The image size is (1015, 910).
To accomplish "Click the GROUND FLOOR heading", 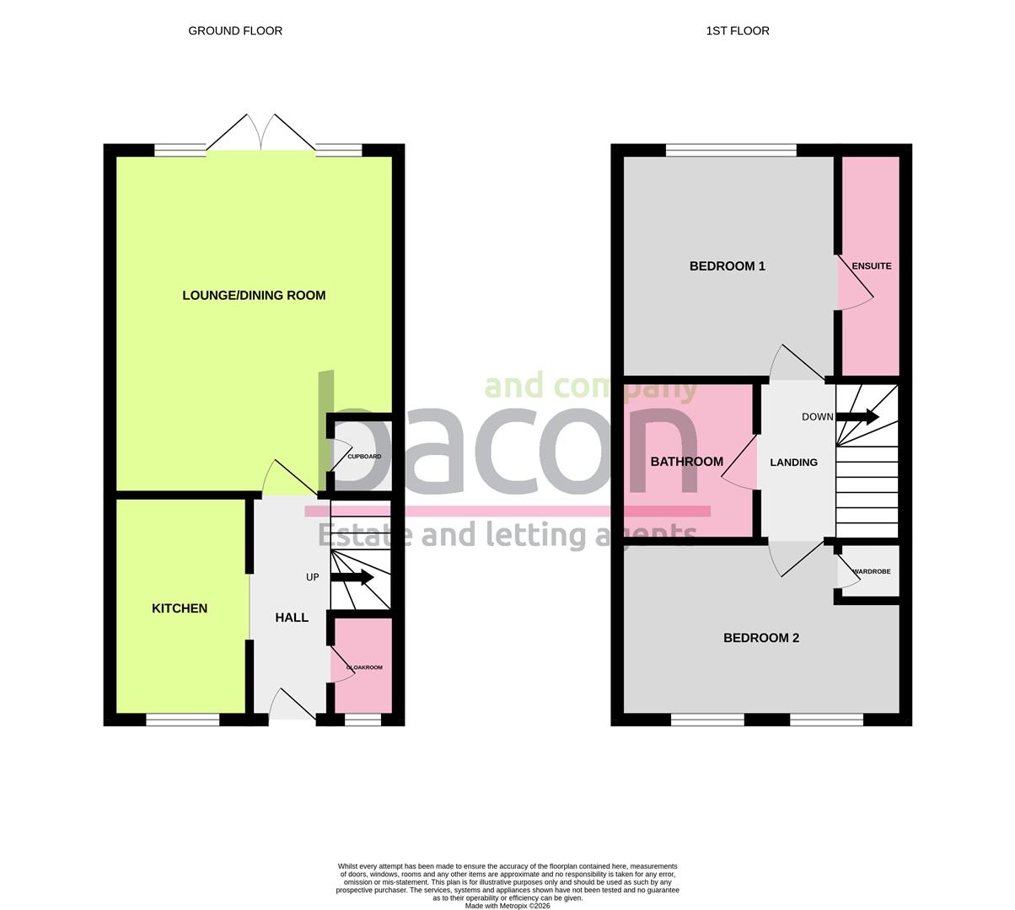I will pos(235,31).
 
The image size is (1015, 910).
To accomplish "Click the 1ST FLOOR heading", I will pos(738,31).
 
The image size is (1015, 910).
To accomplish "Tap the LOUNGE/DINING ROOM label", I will pos(254,296).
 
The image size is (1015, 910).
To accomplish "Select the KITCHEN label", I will pos(180,608).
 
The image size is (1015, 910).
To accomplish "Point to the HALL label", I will pos(292,618).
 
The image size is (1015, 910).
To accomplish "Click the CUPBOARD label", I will pos(364,457).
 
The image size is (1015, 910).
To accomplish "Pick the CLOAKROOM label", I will pos(364,667).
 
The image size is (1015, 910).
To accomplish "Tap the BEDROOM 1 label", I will pos(727,266).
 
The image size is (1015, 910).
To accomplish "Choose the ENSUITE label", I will pos(871,266).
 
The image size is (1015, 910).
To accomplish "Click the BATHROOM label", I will pos(686,462).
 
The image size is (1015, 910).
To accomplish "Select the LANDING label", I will pos(793,463).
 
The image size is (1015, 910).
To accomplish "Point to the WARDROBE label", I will pos(872,572).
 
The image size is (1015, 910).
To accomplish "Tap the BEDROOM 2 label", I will pos(761,638).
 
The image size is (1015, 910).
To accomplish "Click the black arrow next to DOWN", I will pos(858,417).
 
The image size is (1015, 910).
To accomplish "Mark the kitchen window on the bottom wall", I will pos(183,720).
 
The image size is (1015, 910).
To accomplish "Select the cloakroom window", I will pos(362,720).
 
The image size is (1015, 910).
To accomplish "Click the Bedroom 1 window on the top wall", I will pos(731,151).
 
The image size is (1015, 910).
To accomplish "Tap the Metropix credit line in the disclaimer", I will pos(507,906).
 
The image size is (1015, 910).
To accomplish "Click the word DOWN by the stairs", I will pos(817,417).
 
